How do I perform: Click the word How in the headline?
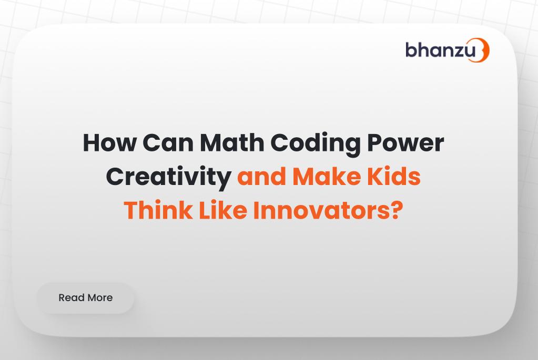pos(109,142)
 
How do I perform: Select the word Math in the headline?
pos(232,142)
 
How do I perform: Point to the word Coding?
pos(316,145)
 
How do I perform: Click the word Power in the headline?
pos(405,142)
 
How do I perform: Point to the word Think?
pos(158,210)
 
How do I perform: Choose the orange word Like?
pos(223,210)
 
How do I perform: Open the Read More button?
pos(85,298)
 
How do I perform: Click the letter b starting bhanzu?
pos(412,50)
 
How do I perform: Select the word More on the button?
pos(99,297)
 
